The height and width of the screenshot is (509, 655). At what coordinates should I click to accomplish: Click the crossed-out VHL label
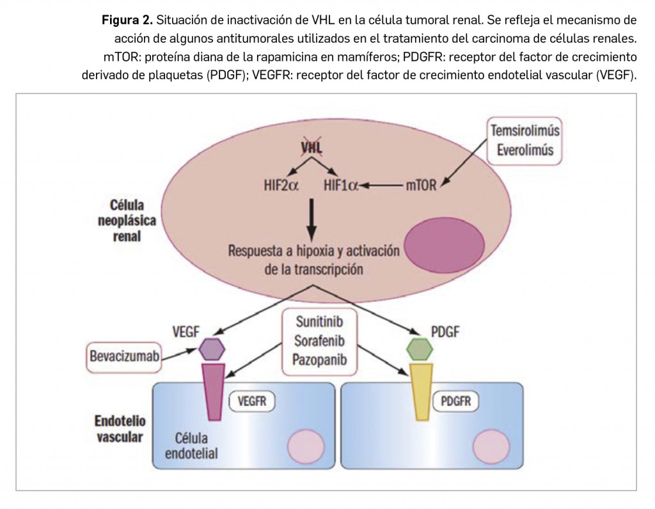312,148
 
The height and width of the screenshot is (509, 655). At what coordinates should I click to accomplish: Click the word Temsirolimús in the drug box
525,131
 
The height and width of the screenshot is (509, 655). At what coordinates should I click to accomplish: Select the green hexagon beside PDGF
420,348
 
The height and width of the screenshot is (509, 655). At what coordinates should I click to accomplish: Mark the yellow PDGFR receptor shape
420,390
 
